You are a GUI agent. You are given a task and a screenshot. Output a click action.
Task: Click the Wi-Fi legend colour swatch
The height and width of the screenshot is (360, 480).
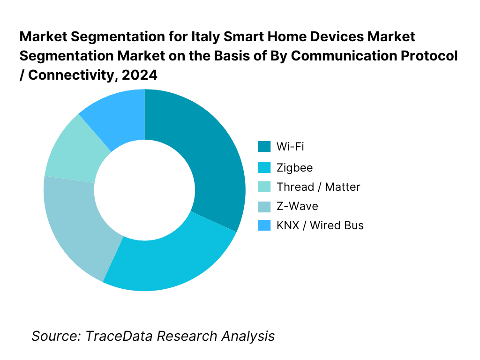[x=264, y=147]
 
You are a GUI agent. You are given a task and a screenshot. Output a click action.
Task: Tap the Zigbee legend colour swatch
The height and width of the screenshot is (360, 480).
[x=264, y=167]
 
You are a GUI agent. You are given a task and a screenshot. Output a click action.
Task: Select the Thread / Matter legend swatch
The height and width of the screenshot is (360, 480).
[x=264, y=187]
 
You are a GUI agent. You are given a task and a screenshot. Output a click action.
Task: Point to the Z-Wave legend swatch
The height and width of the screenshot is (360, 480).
[x=264, y=206]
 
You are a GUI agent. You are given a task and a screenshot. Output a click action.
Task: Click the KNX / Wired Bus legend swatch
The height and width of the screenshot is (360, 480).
[x=264, y=225]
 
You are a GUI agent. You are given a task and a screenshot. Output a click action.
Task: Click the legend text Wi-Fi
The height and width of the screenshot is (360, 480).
[x=290, y=147]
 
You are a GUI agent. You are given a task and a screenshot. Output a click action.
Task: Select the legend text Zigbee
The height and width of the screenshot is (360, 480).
[x=294, y=167]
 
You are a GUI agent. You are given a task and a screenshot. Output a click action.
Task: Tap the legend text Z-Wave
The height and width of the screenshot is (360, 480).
[x=297, y=206]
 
